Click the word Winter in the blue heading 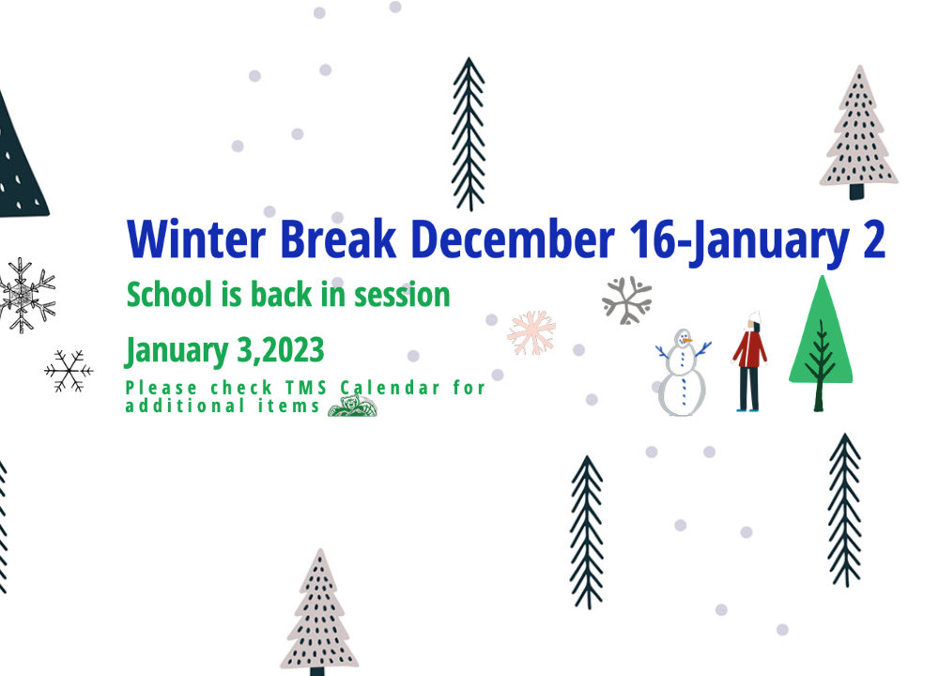196,238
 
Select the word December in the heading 514,238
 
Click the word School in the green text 169,295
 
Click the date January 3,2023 224,350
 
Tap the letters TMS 306,388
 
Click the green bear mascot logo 353,406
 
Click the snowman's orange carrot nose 687,341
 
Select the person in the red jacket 749,361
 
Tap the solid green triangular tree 821,343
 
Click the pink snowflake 531,333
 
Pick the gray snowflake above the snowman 627,300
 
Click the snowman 682,372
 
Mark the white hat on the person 754,317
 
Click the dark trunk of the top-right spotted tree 857,192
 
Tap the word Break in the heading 338,238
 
